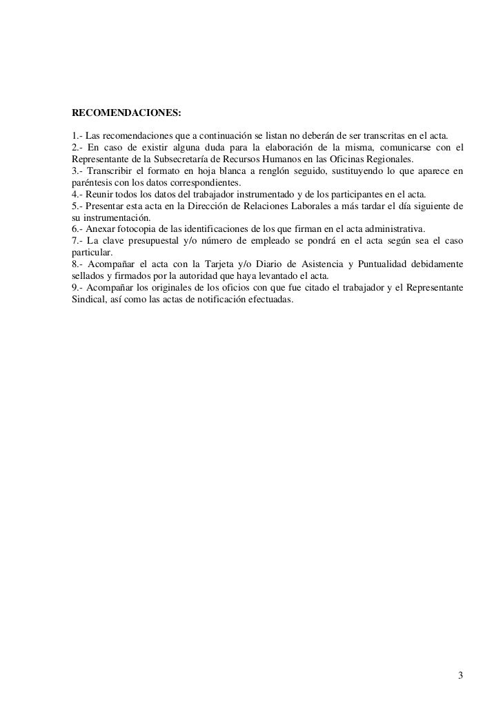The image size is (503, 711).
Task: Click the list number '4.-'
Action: coord(78,195)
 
